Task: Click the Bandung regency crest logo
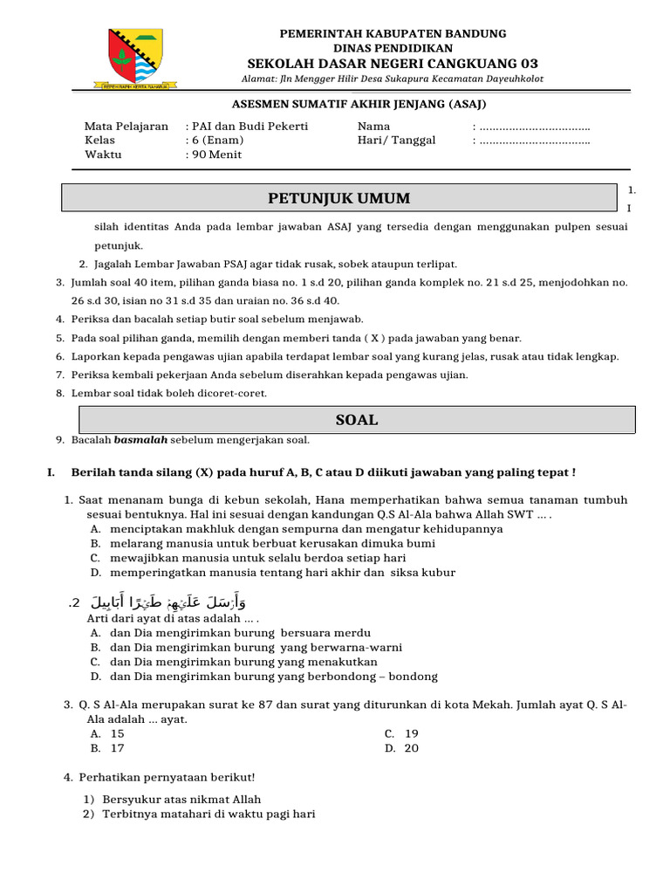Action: pos(134,58)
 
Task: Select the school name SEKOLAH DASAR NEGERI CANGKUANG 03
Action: pos(393,64)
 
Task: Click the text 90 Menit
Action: pos(217,155)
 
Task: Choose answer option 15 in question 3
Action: pos(117,734)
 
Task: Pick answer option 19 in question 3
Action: pos(412,734)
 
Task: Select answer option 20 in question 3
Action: pos(412,748)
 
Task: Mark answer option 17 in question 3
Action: pos(117,748)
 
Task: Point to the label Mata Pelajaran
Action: pos(126,127)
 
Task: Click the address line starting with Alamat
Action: pos(392,79)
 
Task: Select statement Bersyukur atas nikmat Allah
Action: pos(181,799)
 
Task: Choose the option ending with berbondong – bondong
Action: pos(274,677)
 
